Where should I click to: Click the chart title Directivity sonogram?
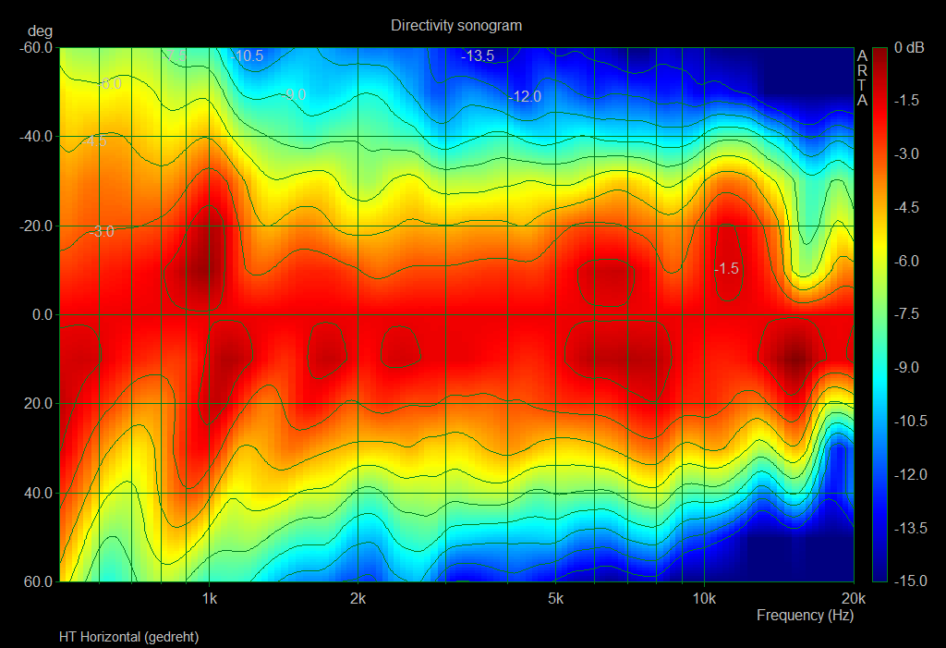pos(455,25)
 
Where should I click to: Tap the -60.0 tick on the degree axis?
pos(36,47)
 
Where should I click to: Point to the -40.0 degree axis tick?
pos(36,137)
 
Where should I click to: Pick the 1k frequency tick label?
pos(210,597)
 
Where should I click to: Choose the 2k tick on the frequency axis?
pos(358,597)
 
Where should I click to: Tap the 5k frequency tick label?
pos(555,597)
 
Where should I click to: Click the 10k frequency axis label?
pos(704,597)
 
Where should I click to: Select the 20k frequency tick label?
pos(853,597)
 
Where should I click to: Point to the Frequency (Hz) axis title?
pos(805,615)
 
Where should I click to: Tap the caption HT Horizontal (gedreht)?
pos(128,637)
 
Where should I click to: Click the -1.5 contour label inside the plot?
pos(726,268)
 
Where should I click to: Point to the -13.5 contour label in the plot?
pos(478,56)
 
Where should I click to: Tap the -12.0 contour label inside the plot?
pos(525,96)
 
